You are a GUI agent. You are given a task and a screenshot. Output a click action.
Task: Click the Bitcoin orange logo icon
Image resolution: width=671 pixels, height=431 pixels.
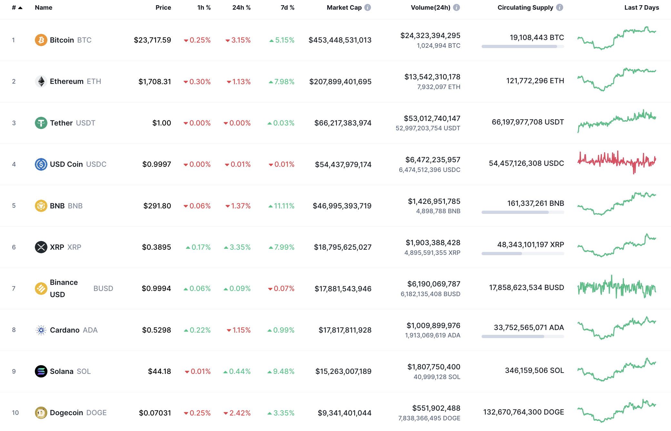point(41,40)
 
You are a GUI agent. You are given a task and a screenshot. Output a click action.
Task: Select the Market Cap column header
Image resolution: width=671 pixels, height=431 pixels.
point(344,7)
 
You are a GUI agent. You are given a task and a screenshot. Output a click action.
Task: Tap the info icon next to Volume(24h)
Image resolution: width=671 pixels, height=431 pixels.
point(456,7)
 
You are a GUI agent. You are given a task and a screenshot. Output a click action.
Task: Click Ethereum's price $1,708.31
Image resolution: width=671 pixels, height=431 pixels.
point(155,82)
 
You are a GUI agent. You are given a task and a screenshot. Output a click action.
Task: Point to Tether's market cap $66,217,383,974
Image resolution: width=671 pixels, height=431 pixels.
point(343,123)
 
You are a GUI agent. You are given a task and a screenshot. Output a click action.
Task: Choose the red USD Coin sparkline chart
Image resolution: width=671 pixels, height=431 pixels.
point(616,162)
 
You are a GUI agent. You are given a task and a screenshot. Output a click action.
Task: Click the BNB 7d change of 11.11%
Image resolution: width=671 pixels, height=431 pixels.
point(284,206)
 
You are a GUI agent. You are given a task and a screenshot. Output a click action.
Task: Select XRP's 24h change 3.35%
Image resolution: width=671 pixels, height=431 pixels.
point(240,247)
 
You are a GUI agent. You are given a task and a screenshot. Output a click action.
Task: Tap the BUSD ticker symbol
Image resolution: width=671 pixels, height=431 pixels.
point(103,288)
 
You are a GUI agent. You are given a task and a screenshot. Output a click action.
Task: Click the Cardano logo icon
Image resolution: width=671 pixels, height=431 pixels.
point(41,330)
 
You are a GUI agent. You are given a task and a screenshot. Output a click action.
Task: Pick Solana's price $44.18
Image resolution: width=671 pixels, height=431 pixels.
point(159,371)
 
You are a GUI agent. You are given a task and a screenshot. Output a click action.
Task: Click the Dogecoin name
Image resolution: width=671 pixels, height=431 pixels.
point(66,413)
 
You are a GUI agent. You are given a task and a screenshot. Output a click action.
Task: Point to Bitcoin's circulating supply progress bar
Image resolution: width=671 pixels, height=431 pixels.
point(523,46)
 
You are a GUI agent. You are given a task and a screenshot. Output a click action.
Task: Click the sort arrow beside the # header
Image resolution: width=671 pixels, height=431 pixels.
point(20,8)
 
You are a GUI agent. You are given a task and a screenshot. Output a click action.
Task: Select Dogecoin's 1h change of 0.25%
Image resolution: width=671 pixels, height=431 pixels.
point(200,413)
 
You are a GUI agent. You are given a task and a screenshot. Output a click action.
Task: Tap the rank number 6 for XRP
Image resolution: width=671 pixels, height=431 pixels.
point(14,247)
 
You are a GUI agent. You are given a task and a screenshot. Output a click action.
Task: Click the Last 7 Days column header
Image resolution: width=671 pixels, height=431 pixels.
point(641,7)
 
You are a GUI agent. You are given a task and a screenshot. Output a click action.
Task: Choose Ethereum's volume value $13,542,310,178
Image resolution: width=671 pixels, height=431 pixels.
point(432,77)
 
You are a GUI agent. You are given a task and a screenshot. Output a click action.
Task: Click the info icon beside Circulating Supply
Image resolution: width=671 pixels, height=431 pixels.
point(560,7)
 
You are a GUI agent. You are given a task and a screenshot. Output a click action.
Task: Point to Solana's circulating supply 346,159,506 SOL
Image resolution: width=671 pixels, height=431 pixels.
point(534,370)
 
